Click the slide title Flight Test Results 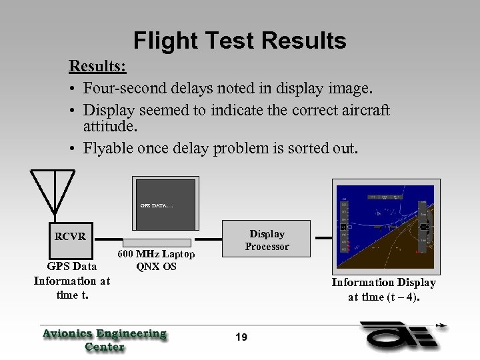[x=240, y=41]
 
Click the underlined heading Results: [x=98, y=67]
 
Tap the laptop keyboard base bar [x=157, y=241]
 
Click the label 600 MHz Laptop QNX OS [x=156, y=261]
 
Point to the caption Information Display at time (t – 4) [x=383, y=289]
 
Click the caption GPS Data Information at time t [x=71, y=280]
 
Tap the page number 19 [x=241, y=337]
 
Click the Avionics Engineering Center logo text [x=105, y=339]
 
